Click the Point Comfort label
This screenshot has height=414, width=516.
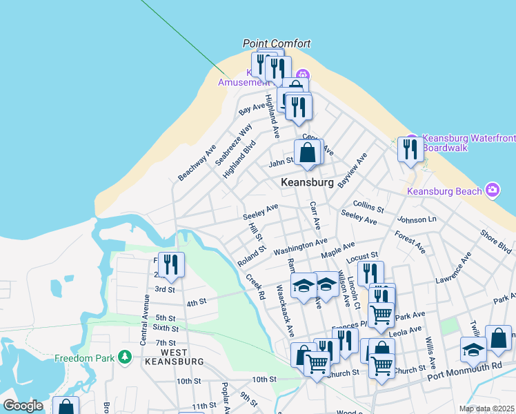(277, 43)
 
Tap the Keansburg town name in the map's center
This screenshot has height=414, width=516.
(307, 183)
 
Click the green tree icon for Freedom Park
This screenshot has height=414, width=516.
(125, 357)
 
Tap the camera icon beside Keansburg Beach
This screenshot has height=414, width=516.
(493, 189)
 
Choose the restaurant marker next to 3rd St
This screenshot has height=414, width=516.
(170, 264)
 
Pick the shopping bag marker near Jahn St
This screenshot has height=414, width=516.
(308, 152)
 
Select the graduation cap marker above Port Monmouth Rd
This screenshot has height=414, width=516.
(473, 349)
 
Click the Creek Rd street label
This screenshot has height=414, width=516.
(256, 286)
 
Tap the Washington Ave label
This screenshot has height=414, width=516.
(300, 247)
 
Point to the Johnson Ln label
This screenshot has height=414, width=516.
(417, 220)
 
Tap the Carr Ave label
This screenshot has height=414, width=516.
(315, 216)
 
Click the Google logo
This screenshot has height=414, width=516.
(23, 406)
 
